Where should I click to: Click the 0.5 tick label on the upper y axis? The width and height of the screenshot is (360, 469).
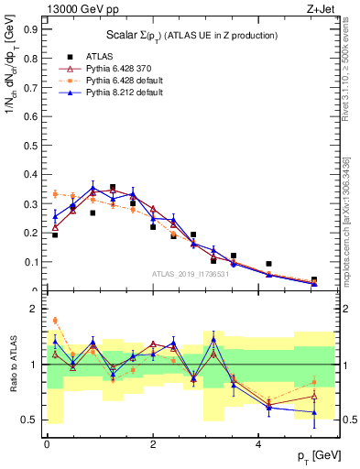[x=31, y=145]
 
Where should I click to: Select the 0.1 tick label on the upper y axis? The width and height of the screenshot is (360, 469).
[x=31, y=262]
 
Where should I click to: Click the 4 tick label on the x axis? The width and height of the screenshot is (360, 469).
[x=260, y=443]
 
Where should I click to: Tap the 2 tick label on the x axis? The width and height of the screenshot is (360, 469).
[x=153, y=443]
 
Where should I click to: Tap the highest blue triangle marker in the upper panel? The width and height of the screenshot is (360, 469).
[x=93, y=189]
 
